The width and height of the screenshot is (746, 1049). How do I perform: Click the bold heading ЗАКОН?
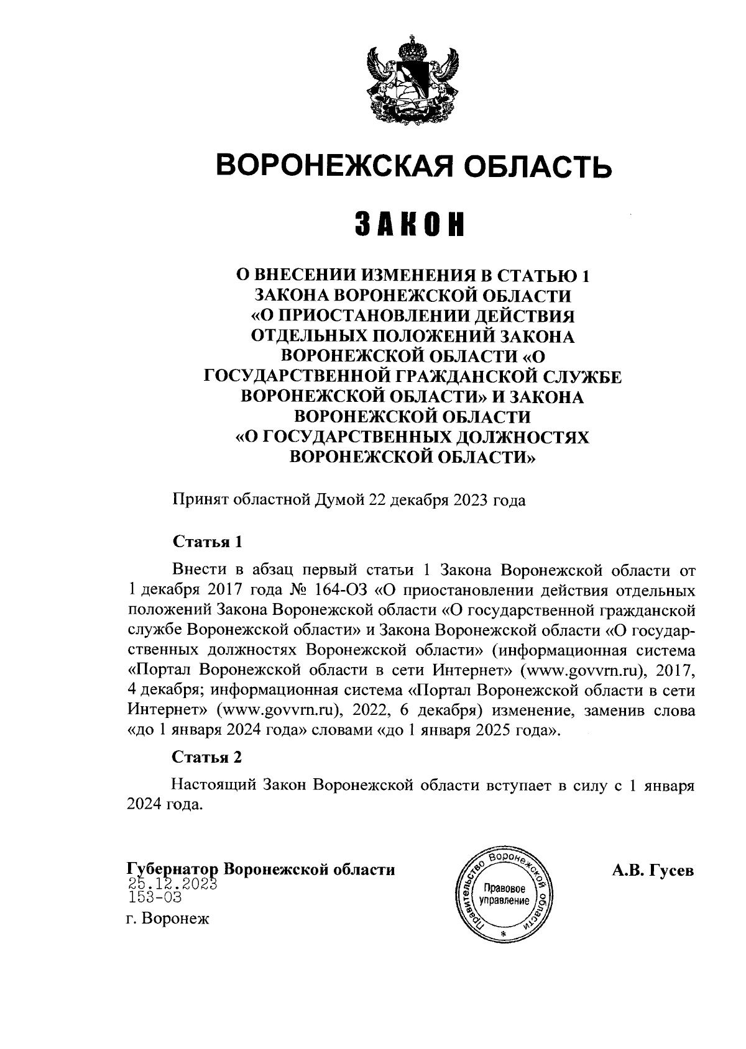pyautogui.click(x=410, y=224)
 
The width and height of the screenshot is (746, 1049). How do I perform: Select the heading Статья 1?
pyautogui.click(x=207, y=541)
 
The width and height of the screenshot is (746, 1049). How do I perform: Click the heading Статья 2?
pyautogui.click(x=207, y=758)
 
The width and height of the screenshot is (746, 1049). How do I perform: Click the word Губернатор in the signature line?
pyautogui.click(x=172, y=870)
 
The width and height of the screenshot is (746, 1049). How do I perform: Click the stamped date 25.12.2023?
pyautogui.click(x=172, y=884)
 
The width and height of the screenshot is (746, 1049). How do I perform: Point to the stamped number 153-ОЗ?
pyautogui.click(x=155, y=897)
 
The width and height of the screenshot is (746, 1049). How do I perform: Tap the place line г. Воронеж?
pyautogui.click(x=168, y=919)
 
